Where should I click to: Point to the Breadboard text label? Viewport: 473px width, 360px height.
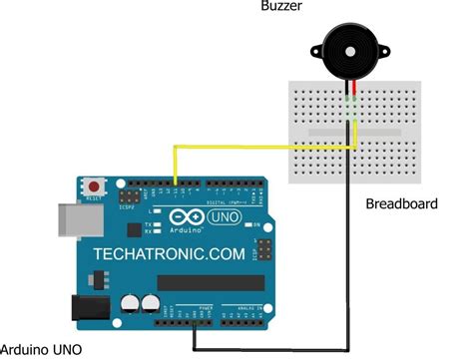coord(402,203)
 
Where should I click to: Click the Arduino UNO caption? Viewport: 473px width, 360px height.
coord(43,349)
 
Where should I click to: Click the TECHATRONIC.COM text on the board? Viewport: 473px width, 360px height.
coord(169,254)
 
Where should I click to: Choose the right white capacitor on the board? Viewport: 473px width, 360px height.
coord(151,302)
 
